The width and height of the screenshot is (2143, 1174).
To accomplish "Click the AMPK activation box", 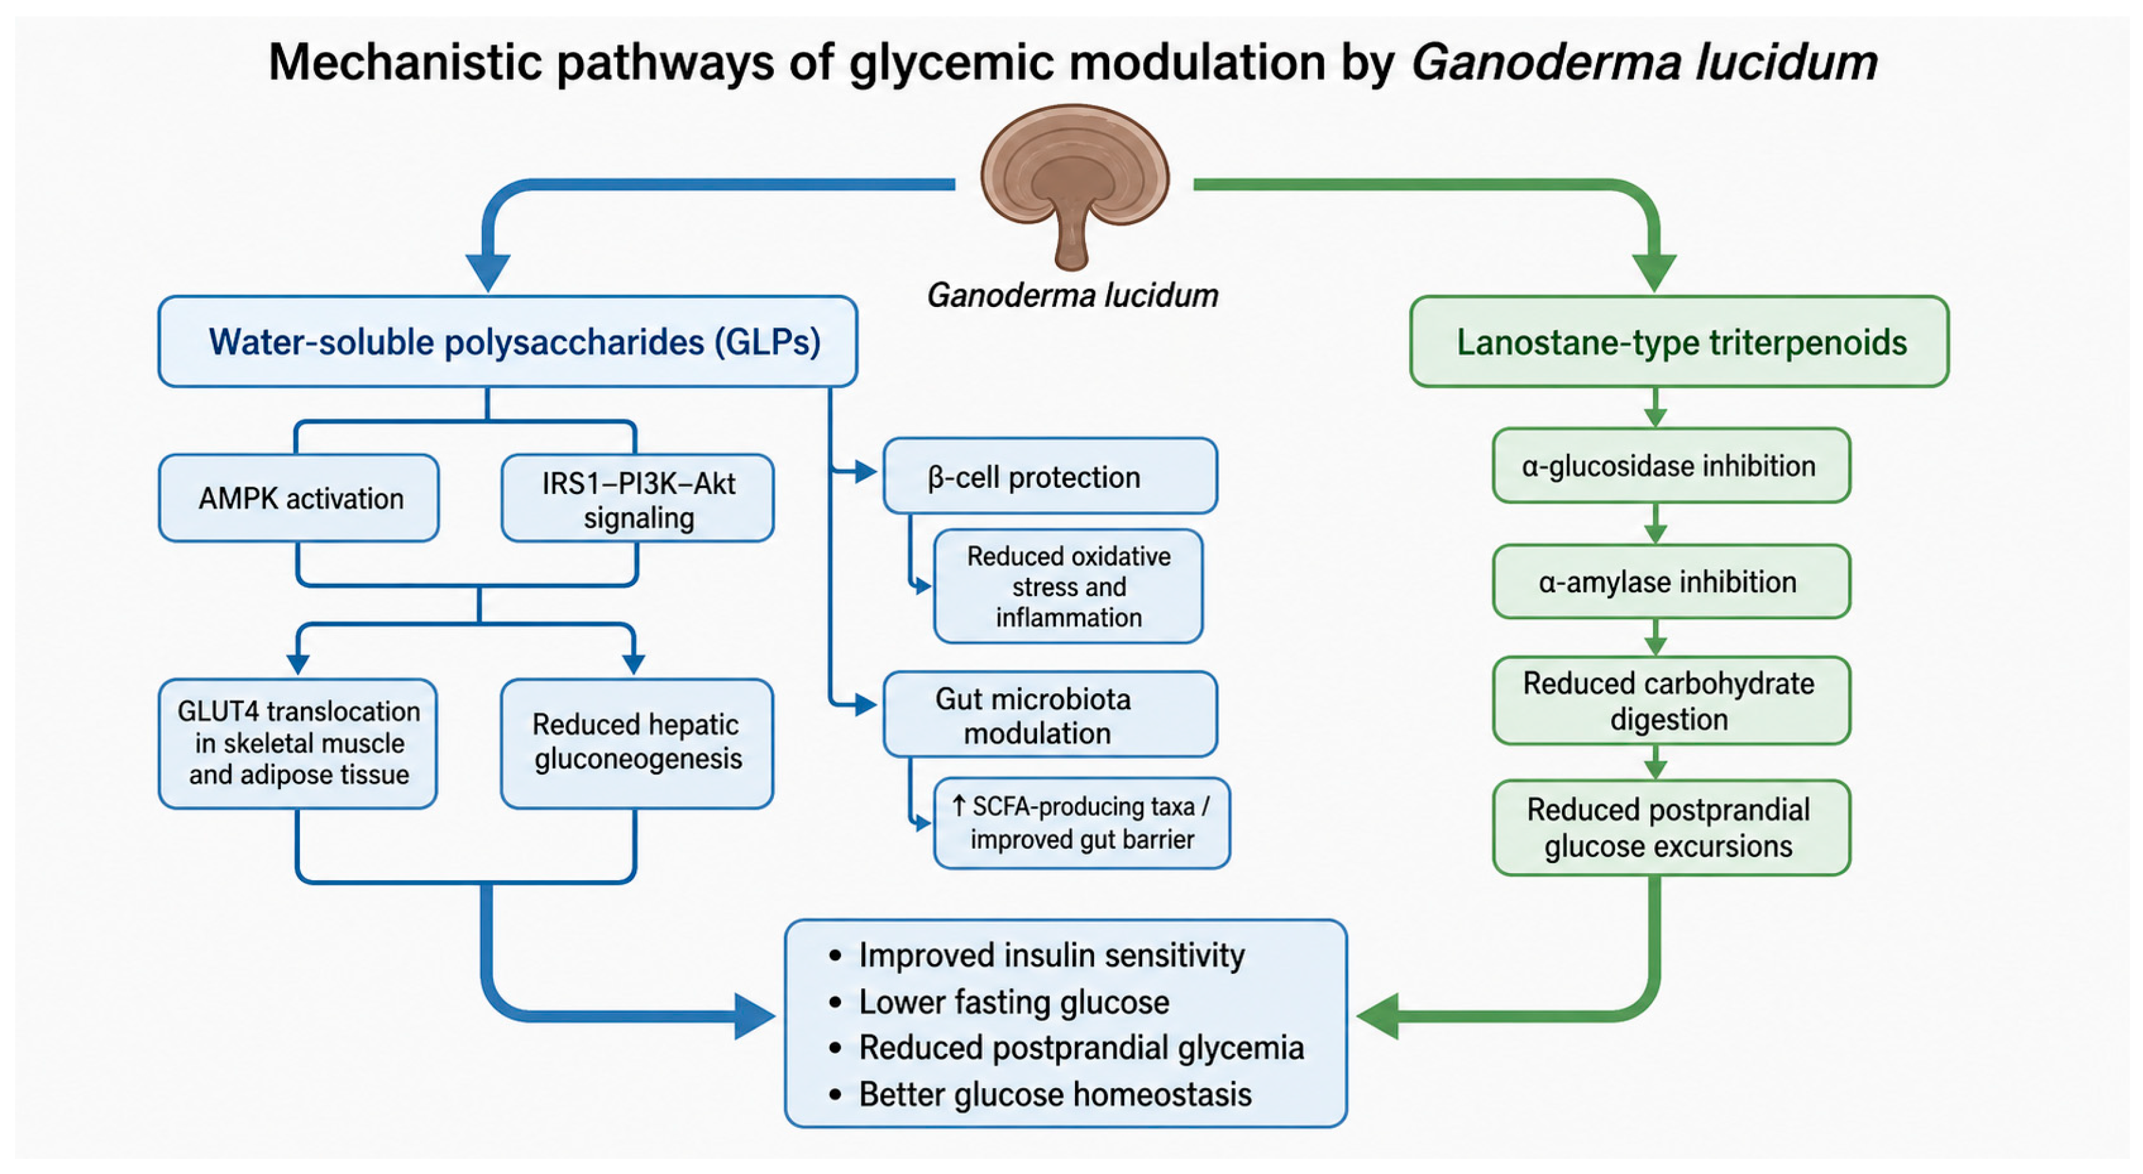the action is coord(298,498).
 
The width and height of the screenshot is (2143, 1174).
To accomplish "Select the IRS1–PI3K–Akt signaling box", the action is coord(637,498).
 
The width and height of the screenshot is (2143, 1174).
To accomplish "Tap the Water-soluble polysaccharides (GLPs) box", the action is coord(508,341).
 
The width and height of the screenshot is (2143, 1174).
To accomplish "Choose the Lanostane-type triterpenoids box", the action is coord(1679,341).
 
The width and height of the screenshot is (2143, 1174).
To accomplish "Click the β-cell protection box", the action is coord(1050,476).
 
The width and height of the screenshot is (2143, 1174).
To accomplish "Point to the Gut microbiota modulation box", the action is coord(1050,714).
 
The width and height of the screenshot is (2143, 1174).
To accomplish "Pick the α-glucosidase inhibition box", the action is coord(1671,465).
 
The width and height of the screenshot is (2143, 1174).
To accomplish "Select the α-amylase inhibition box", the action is coord(1671,580).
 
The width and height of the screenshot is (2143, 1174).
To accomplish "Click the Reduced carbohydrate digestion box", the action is coord(1671,700).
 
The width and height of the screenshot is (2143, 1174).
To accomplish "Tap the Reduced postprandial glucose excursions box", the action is coord(1671,827).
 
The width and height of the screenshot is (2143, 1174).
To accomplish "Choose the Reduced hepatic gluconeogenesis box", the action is coord(637,743).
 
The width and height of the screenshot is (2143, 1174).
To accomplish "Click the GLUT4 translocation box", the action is coord(298,743).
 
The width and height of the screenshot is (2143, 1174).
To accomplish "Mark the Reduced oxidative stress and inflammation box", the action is coord(1068,586).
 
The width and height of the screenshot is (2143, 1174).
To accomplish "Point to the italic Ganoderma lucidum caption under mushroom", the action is coord(1072,295).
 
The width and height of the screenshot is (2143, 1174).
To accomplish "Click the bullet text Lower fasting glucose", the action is coord(1014,1002).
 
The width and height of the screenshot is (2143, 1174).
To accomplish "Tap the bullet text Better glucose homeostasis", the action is coord(1055,1094).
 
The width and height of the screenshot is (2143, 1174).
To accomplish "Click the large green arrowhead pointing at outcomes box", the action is coord(1378,1016).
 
